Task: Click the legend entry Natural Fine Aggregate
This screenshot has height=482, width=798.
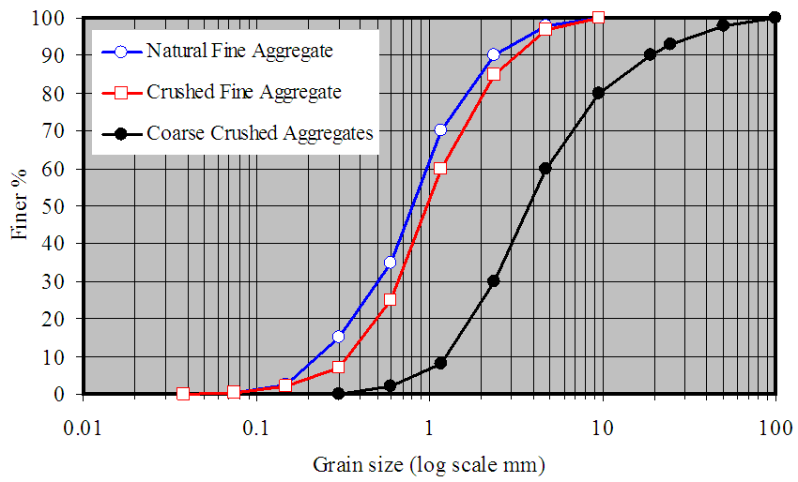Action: [239, 51]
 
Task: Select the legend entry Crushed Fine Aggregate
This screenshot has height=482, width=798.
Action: [243, 92]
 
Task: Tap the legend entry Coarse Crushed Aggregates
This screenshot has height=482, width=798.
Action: [260, 133]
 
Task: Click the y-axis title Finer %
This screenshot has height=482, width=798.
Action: [20, 205]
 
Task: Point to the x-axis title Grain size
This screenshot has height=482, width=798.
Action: [428, 463]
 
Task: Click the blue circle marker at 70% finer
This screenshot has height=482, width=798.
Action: [440, 130]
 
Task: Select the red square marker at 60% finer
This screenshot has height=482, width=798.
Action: [440, 168]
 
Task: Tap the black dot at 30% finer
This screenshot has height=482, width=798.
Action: [494, 280]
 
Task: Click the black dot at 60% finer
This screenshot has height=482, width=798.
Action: [545, 168]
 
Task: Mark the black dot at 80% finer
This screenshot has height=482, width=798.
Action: [598, 93]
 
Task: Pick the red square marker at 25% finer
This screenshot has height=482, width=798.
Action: [390, 299]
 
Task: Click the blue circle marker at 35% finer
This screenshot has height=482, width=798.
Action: [390, 262]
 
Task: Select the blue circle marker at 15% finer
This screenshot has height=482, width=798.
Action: [338, 337]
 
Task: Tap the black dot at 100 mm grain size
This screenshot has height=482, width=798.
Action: [775, 17]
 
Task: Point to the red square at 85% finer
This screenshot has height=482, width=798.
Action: [494, 74]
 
